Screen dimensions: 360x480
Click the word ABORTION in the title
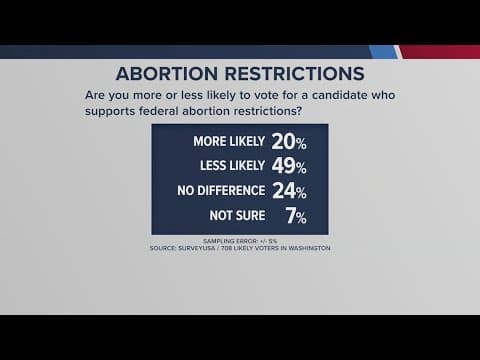point(171,75)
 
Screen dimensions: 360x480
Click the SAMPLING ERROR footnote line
point(240,241)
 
